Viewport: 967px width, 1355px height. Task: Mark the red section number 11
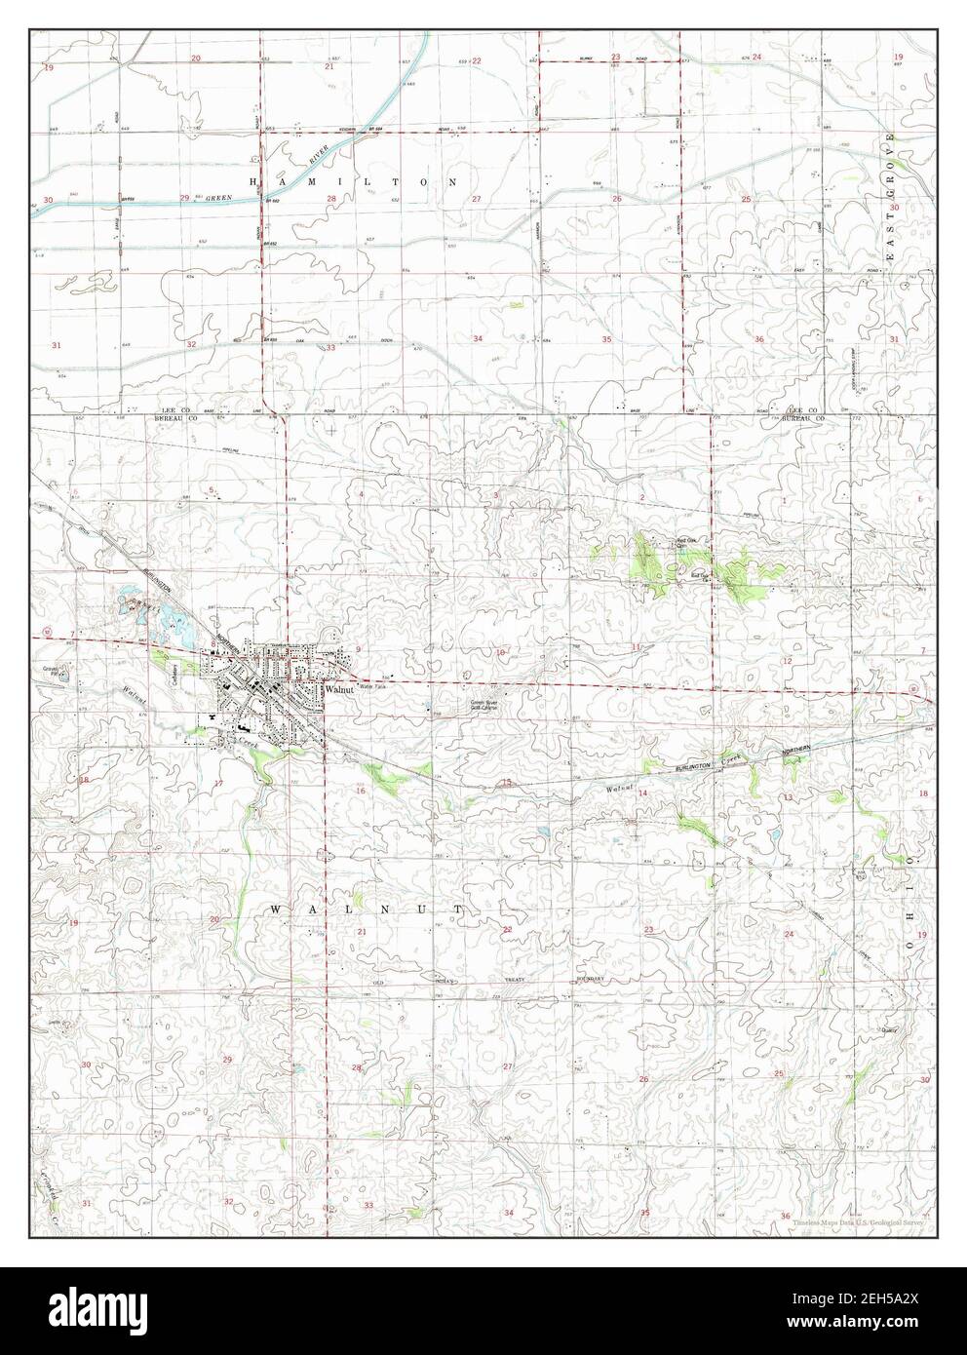637,647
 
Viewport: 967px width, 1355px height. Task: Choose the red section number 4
362,495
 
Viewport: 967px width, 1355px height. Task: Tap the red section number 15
507,783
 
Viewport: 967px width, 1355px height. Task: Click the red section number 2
642,498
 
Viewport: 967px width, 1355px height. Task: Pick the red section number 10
500,652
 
